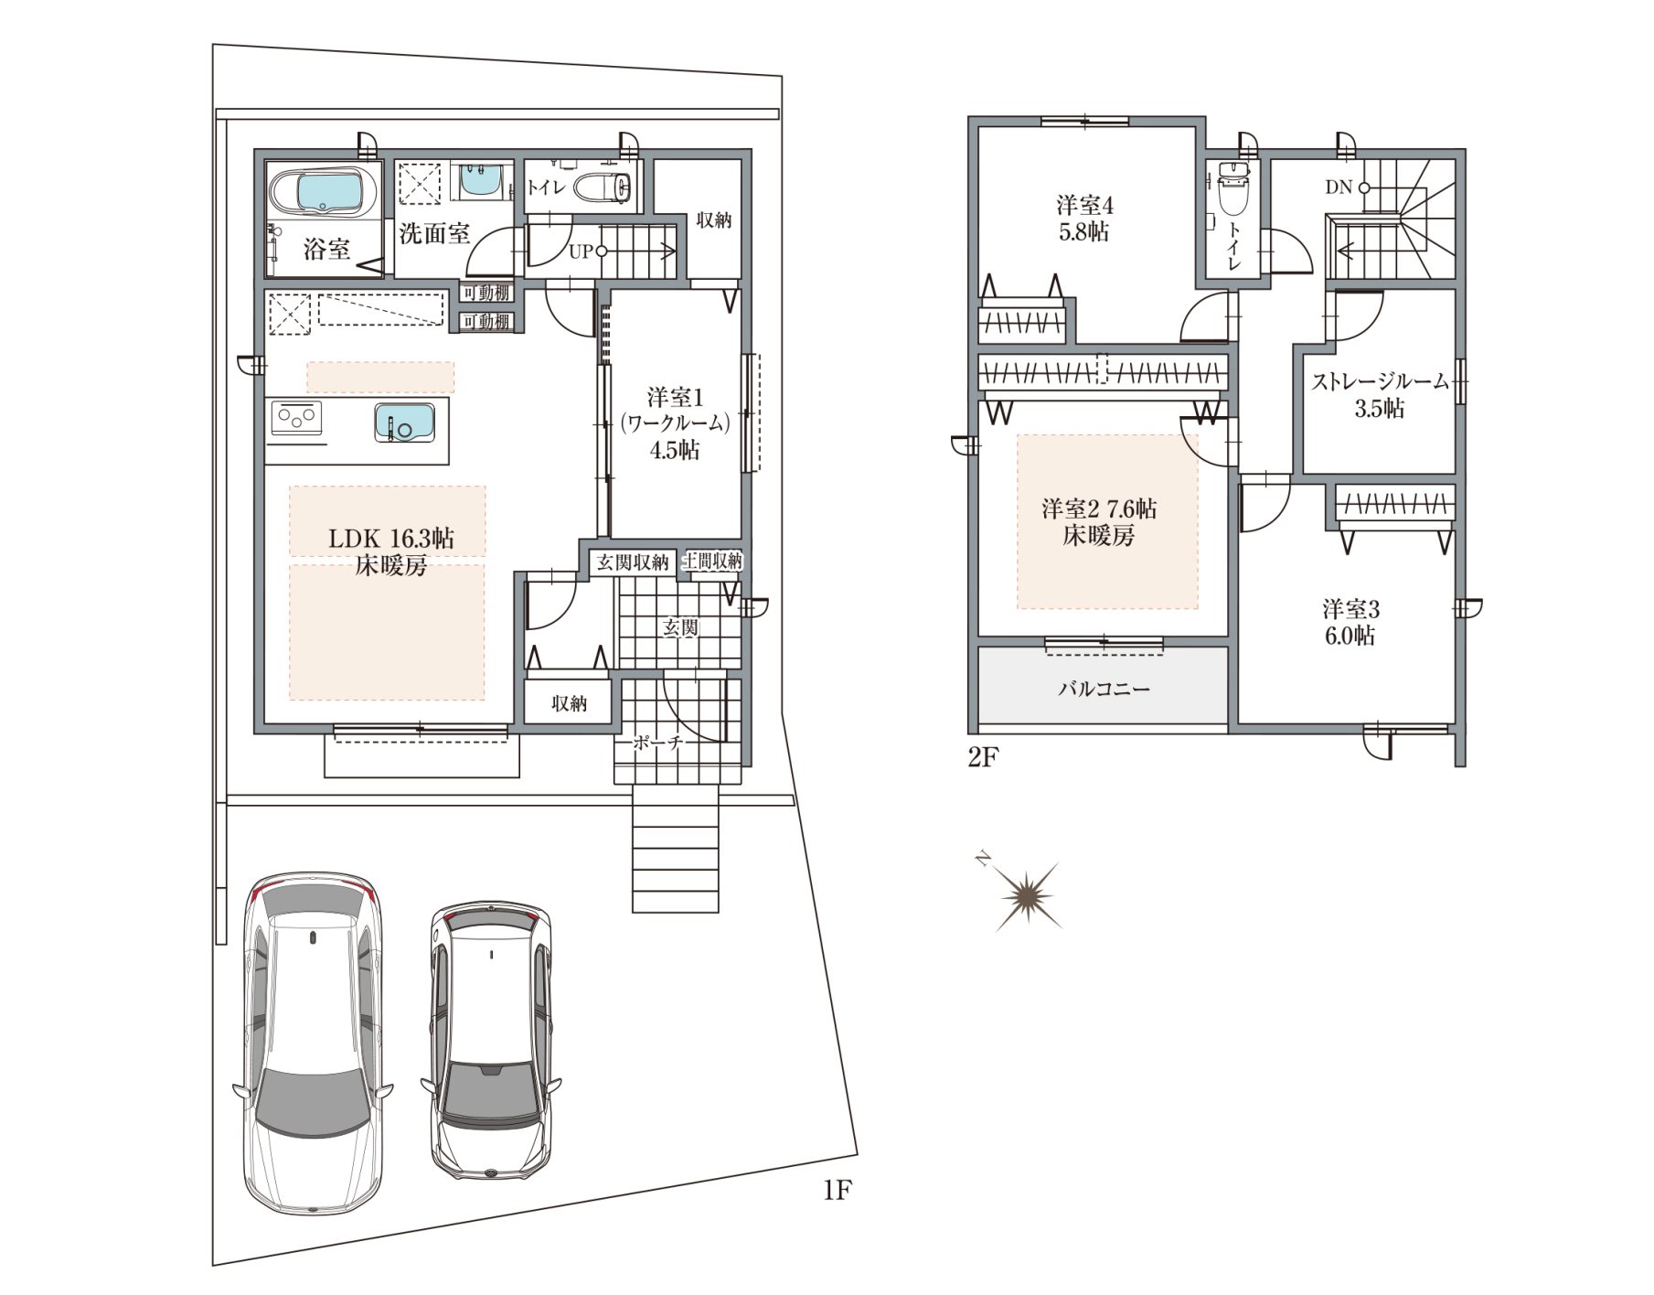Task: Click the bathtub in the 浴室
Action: point(325,193)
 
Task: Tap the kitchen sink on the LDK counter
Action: point(404,423)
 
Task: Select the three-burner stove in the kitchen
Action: point(298,420)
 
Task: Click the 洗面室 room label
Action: point(434,233)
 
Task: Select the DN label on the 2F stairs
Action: point(1338,187)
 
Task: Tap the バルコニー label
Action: point(1104,688)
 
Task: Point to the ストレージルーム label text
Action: point(1380,381)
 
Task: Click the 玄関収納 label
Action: point(632,562)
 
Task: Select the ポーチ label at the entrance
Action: point(658,744)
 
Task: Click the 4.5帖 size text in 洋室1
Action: point(675,450)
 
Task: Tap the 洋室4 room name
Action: point(1084,204)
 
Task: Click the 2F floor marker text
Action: point(981,758)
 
